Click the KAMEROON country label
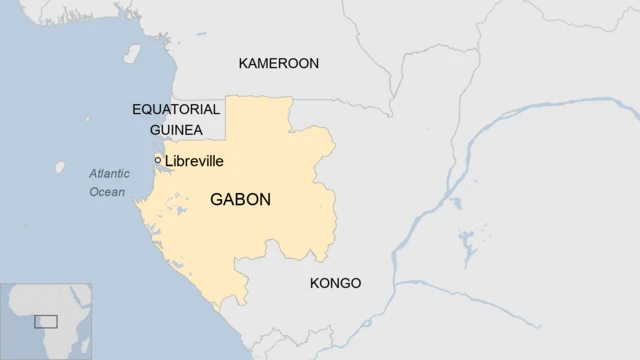(278, 63)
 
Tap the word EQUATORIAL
(176, 109)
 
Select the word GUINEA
(176, 130)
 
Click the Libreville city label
(194, 161)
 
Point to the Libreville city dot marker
(158, 160)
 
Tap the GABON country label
(240, 200)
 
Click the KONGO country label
(336, 283)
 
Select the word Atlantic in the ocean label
(109, 172)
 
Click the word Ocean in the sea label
(107, 192)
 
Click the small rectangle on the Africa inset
(46, 322)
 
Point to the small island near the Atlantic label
(60, 168)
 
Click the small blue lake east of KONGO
(467, 243)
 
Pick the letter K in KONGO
(315, 283)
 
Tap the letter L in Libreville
(169, 161)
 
